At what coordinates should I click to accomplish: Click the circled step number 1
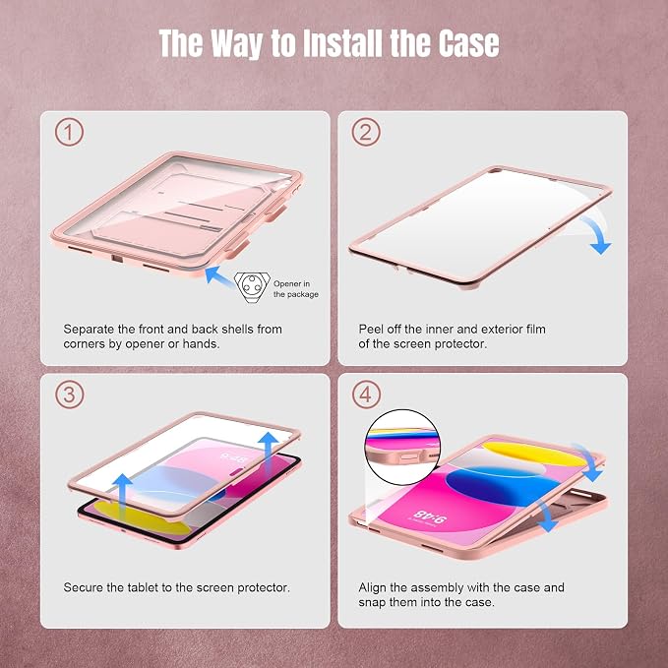pyautogui.click(x=69, y=133)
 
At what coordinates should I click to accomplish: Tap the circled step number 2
pyautogui.click(x=366, y=133)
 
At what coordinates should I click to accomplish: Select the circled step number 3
pyautogui.click(x=69, y=395)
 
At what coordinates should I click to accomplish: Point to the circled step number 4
pyautogui.click(x=366, y=395)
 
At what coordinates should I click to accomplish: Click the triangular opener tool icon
pyautogui.click(x=252, y=286)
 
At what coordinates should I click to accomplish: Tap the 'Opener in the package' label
pyautogui.click(x=296, y=289)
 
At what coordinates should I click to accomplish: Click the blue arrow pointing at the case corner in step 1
pyautogui.click(x=218, y=275)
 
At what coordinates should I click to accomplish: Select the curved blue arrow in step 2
pyautogui.click(x=596, y=234)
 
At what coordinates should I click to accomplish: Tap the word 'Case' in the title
pyautogui.click(x=468, y=43)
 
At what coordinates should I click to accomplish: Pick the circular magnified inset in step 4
pyautogui.click(x=402, y=448)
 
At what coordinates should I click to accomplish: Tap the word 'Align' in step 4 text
pyautogui.click(x=372, y=588)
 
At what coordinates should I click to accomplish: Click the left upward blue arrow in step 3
pyautogui.click(x=123, y=494)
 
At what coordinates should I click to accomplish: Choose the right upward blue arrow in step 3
pyautogui.click(x=269, y=452)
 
